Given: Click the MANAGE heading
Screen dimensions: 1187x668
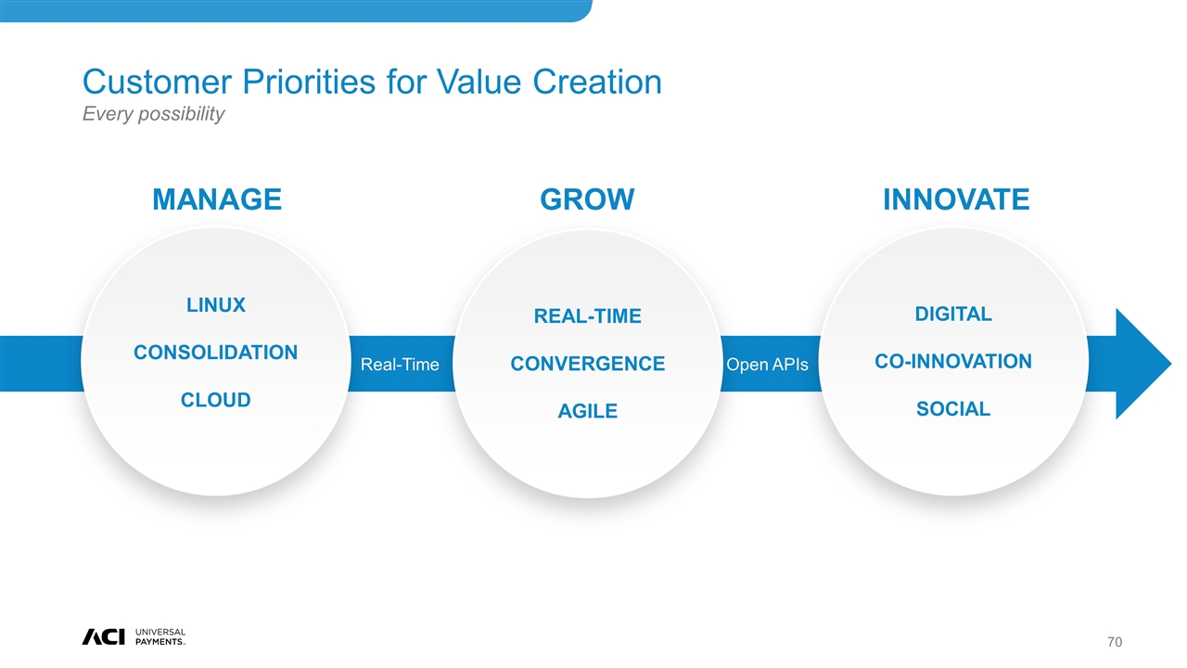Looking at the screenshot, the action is pyautogui.click(x=217, y=199).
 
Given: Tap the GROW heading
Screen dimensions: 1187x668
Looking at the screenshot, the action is pyautogui.click(x=587, y=199).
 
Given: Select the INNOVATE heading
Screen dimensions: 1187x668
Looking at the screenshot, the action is pyautogui.click(x=956, y=199).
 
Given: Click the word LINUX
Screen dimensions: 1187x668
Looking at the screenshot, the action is pyautogui.click(x=216, y=305).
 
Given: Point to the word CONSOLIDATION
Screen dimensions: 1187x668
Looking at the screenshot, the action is pyautogui.click(x=216, y=353).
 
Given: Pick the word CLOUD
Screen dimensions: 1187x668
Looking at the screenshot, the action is pyautogui.click(x=216, y=400).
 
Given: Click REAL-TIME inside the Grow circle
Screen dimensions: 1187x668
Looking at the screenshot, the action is pyautogui.click(x=587, y=316).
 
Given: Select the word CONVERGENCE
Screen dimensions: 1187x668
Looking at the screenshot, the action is pyautogui.click(x=587, y=364).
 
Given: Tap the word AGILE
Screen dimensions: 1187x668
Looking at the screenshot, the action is pyautogui.click(x=587, y=411).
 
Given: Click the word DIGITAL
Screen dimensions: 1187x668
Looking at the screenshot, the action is pyautogui.click(x=952, y=314).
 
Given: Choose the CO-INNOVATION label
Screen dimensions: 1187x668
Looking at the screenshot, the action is pyautogui.click(x=952, y=362).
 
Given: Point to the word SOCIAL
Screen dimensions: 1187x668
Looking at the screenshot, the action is pyautogui.click(x=952, y=409).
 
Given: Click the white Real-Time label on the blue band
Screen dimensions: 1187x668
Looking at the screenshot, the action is pyautogui.click(x=400, y=365).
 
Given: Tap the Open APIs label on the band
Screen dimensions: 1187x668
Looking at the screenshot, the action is pyautogui.click(x=767, y=365).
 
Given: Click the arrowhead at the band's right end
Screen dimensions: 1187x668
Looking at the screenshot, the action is pyautogui.click(x=1140, y=364).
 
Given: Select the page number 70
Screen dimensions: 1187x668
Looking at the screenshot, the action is pyautogui.click(x=1115, y=642).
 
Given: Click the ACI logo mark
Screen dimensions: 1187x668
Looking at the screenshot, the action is pyautogui.click(x=103, y=636).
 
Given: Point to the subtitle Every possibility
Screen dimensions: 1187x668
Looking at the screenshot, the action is pyautogui.click(x=154, y=114).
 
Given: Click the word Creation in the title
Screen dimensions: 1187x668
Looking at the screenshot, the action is pyautogui.click(x=596, y=82).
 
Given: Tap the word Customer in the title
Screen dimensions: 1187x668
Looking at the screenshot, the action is pyautogui.click(x=158, y=82).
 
